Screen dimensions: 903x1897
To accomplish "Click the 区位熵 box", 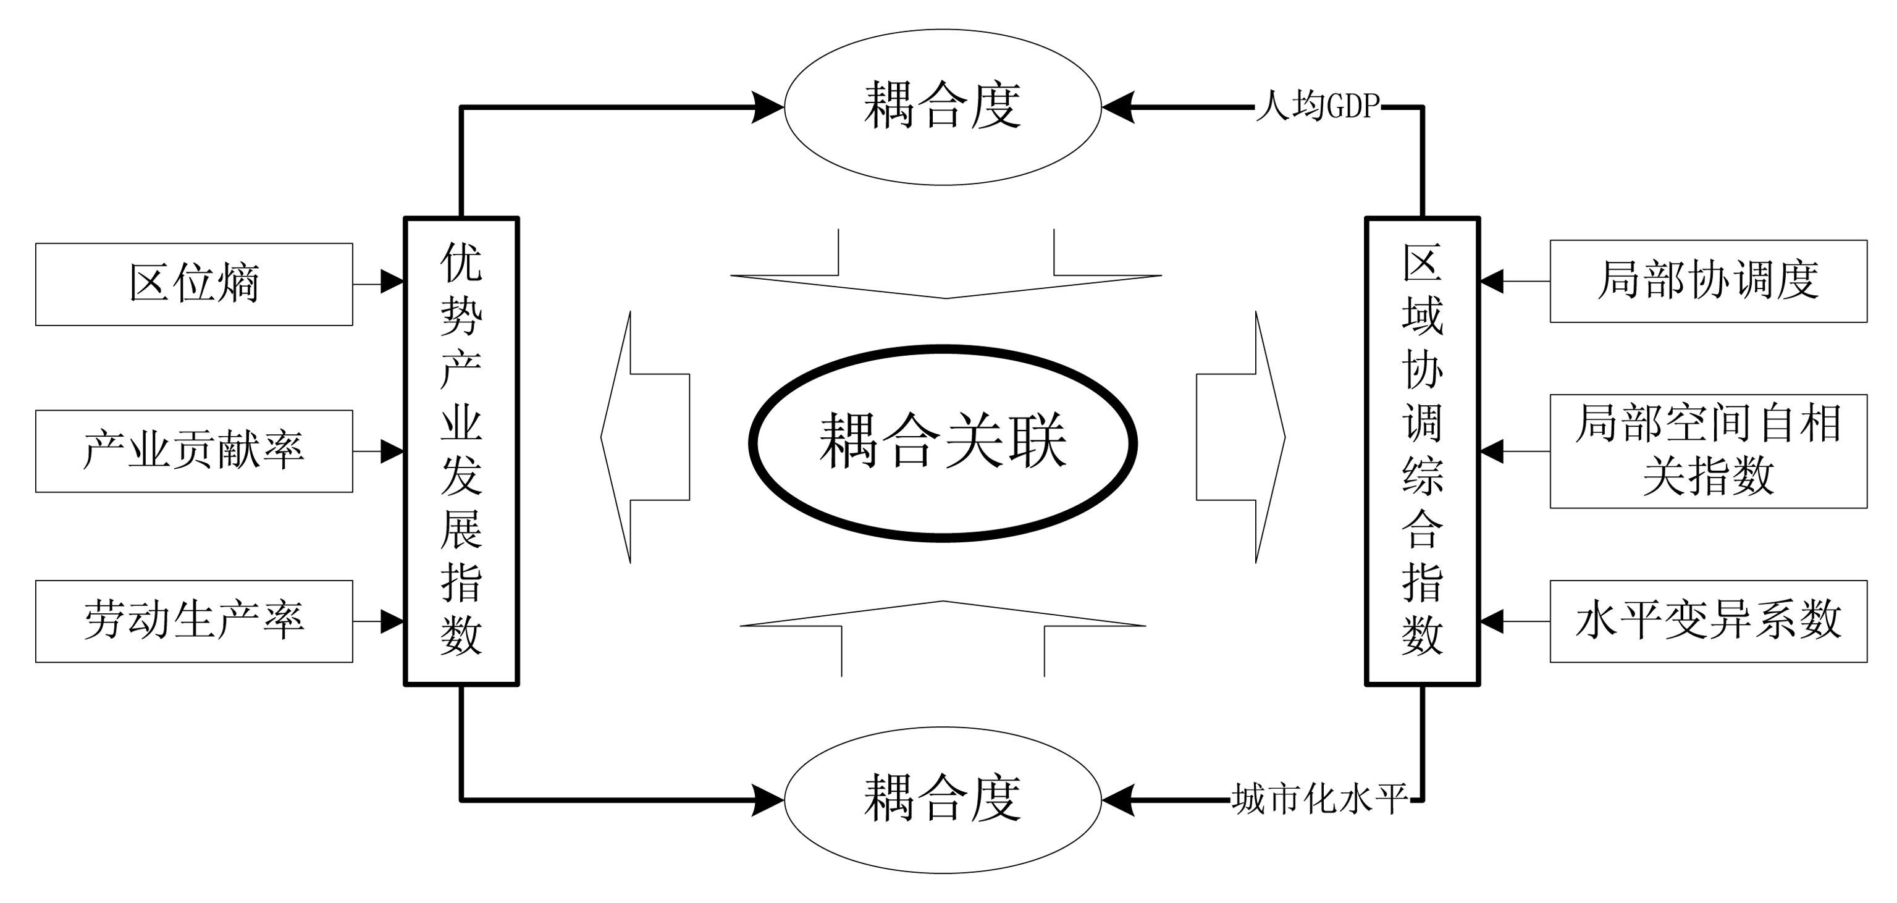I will pos(194,283).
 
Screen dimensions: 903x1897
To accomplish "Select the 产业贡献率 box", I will pos(194,451).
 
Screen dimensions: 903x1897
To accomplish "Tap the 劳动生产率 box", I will pos(194,621).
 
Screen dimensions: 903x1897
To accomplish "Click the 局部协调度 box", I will pos(1708,280).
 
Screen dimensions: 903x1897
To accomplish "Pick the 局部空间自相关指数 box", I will pos(1708,451).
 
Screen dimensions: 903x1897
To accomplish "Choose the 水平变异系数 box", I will pos(1708,621).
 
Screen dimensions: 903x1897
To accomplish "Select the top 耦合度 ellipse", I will pos(943,107).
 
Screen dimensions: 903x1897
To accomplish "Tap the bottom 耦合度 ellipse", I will pos(943,799).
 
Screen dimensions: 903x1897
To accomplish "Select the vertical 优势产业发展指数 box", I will pos(461,451).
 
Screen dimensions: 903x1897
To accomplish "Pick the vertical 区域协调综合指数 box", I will pos(1422,451).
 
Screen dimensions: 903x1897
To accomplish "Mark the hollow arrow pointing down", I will pos(946,272).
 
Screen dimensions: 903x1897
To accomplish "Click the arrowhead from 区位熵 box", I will pos(392,282).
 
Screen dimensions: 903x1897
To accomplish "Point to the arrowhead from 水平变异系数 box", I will pos(1492,621).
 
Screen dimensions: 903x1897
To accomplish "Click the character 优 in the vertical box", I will pos(461,262).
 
